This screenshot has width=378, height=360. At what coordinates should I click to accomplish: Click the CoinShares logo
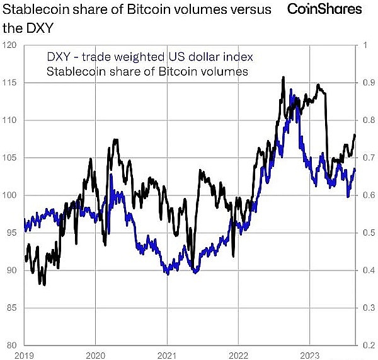(x=324, y=9)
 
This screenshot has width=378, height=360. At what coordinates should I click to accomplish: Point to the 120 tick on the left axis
(x=9, y=45)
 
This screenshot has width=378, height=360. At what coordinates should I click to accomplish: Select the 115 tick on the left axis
(x=9, y=83)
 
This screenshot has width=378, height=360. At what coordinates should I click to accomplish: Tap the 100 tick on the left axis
(x=9, y=195)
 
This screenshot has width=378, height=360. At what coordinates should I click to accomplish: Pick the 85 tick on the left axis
(x=9, y=308)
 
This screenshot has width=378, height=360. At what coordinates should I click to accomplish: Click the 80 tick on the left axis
(x=9, y=345)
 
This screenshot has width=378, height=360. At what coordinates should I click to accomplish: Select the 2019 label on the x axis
(x=24, y=355)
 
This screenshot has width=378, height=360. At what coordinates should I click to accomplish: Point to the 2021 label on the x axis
(x=166, y=355)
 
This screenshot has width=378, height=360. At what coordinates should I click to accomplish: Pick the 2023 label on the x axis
(x=309, y=355)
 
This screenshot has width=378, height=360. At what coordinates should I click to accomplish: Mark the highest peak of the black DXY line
(x=283, y=78)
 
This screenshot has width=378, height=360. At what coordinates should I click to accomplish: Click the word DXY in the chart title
(x=40, y=28)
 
